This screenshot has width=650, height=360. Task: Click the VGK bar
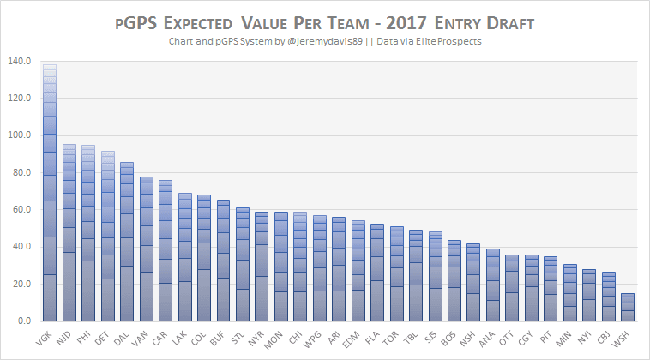50,193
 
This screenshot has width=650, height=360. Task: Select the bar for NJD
69,232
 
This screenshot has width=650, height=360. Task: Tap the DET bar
107,236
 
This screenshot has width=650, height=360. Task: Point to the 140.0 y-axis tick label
18,62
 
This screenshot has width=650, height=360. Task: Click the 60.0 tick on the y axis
21,210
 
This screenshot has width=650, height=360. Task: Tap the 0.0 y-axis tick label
23,321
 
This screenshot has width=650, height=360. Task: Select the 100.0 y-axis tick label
18,135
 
